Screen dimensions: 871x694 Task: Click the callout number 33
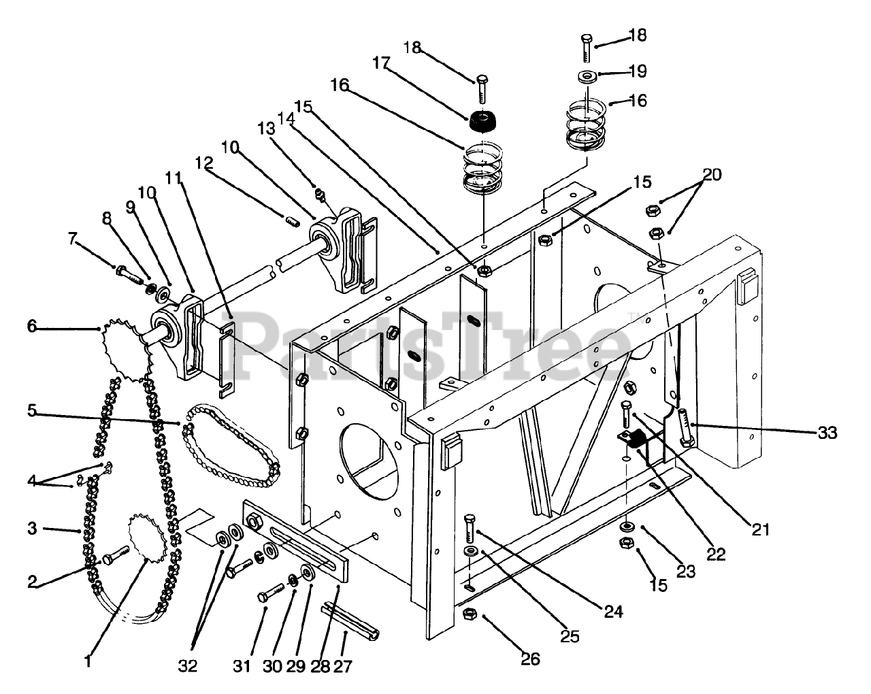[827, 433]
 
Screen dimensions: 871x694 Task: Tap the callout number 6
[32, 326]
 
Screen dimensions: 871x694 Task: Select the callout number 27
[343, 666]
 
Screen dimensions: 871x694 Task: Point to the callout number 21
[760, 530]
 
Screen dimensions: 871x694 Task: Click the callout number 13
[266, 129]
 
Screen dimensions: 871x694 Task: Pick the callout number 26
[530, 659]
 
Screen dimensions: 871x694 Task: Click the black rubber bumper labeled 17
[482, 120]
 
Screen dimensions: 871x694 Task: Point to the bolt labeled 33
[685, 427]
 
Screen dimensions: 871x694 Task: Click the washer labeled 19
[587, 76]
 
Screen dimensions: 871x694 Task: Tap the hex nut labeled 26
[470, 614]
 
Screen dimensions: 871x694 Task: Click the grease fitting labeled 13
[320, 195]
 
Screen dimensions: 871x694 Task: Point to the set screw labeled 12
[292, 222]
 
